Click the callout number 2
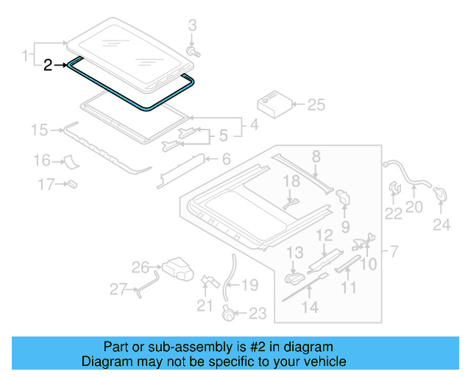(x=48, y=66)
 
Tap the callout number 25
(x=315, y=105)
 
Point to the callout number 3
(x=193, y=27)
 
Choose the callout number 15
(x=39, y=131)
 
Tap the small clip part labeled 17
(x=74, y=184)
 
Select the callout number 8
(x=316, y=155)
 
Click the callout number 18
(x=292, y=181)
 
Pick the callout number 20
(x=414, y=208)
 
